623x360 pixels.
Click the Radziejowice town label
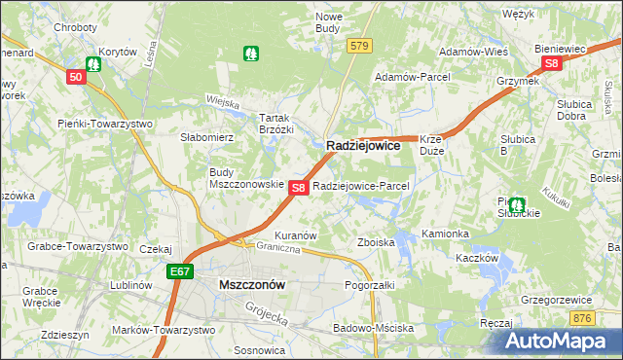click(363, 144)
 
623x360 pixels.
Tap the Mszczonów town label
click(252, 285)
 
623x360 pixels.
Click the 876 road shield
click(582, 318)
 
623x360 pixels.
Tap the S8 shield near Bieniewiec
click(552, 64)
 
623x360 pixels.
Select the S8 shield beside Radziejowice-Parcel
click(299, 187)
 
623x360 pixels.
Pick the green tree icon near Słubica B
click(517, 206)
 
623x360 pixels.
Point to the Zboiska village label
click(376, 241)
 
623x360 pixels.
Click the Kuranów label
click(297, 235)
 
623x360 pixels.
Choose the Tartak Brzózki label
click(275, 123)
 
